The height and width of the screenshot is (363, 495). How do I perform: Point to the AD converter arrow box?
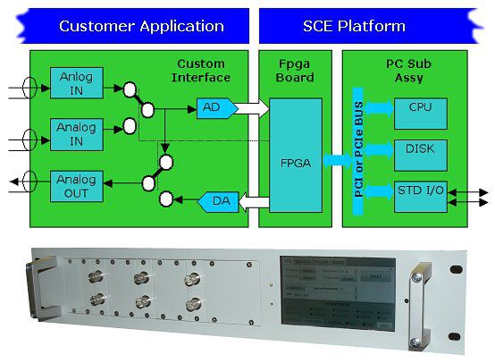pyautogui.click(x=213, y=108)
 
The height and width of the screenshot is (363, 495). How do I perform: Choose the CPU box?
pyautogui.click(x=419, y=108)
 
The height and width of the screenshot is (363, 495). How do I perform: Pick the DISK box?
pyautogui.click(x=419, y=152)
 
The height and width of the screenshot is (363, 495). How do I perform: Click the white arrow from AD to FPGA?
pyautogui.click(x=251, y=108)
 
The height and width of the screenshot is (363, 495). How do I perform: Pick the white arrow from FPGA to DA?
pyautogui.click(x=250, y=201)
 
